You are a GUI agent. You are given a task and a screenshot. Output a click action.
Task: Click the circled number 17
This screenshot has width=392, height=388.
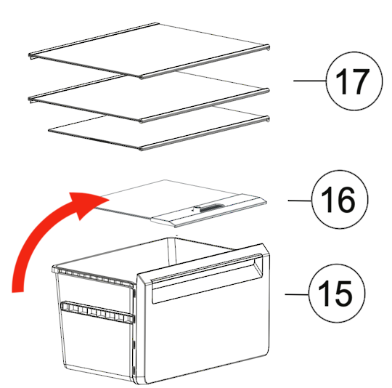pyautogui.click(x=354, y=81)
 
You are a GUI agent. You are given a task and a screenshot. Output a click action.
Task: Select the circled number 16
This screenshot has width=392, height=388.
pyautogui.click(x=340, y=199)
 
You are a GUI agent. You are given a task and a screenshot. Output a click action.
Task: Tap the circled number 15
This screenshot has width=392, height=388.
pyautogui.click(x=337, y=294)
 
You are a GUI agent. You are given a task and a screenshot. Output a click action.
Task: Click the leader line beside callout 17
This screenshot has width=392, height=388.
pyautogui.click(x=310, y=81)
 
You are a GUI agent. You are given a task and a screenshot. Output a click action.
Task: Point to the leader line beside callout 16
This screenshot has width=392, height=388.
pyautogui.click(x=300, y=201)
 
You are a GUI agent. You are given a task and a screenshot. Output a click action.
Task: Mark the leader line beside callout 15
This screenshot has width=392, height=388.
pyautogui.click(x=297, y=294)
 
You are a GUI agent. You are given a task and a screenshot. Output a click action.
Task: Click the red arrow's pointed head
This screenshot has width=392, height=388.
pyautogui.click(x=108, y=199)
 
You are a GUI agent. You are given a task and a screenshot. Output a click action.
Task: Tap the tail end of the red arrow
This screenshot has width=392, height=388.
pyautogui.click(x=17, y=291)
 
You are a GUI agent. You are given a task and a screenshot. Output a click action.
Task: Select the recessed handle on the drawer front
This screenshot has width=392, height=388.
pyautogui.click(x=207, y=276)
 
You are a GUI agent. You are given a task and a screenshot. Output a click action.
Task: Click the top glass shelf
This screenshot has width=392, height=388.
pyautogui.click(x=149, y=51)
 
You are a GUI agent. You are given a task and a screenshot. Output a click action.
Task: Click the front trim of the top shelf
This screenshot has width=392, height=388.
pyautogui.click(x=205, y=62)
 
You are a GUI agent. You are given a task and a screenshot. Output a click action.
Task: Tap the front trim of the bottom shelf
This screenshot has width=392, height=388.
pyautogui.click(x=204, y=134)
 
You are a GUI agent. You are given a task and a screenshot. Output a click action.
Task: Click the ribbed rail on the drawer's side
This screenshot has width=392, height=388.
pyautogui.click(x=97, y=312)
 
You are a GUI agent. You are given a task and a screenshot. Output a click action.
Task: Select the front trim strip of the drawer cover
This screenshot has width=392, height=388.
pyautogui.click(x=209, y=210)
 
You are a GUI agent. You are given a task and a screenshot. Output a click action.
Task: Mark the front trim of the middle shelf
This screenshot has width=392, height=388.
pyautogui.click(x=204, y=105)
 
